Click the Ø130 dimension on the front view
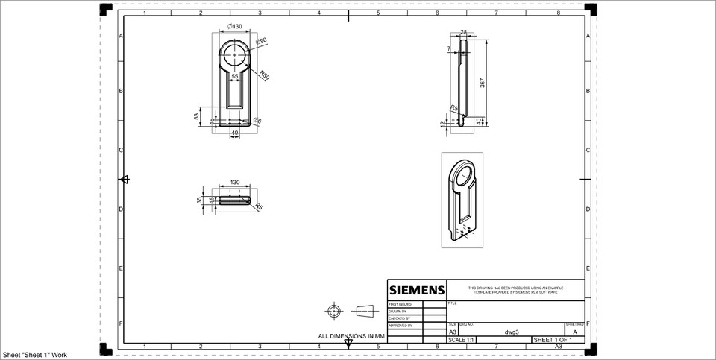point(235,27)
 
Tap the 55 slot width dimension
point(235,76)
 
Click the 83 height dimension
point(197,116)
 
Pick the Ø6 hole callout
point(257,121)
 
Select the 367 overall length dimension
point(483,83)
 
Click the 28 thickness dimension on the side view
point(463,32)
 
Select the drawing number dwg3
point(511,332)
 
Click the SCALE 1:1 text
point(460,340)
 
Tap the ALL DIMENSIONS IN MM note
point(351,337)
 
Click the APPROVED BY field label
point(401,326)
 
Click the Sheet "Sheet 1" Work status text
point(34,355)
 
